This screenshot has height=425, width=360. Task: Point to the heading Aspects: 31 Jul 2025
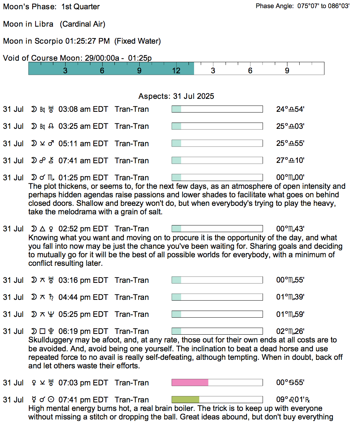(176, 96)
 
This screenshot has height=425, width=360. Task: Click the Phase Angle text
(302, 6)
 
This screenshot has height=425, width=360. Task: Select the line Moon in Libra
(54, 24)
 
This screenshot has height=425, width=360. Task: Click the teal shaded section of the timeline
(111, 68)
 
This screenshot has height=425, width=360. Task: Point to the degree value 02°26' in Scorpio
(290, 331)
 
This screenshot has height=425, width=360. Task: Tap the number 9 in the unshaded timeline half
(287, 70)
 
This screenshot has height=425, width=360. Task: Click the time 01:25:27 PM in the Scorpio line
(87, 41)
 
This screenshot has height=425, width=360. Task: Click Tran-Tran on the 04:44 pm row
(131, 297)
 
